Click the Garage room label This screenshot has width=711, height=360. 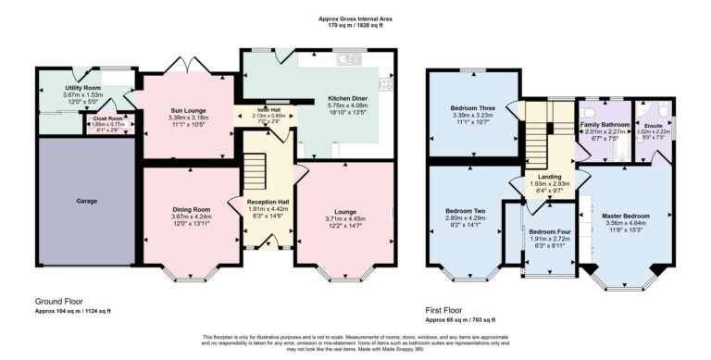click(86, 200)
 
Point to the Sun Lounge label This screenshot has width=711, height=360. click(188, 110)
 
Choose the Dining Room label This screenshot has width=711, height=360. click(192, 209)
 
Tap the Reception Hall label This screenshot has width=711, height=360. click(268, 201)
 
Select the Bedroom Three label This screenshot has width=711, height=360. click(472, 108)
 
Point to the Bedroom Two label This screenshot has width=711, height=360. click(464, 210)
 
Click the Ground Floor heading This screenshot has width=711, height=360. click(60, 302)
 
